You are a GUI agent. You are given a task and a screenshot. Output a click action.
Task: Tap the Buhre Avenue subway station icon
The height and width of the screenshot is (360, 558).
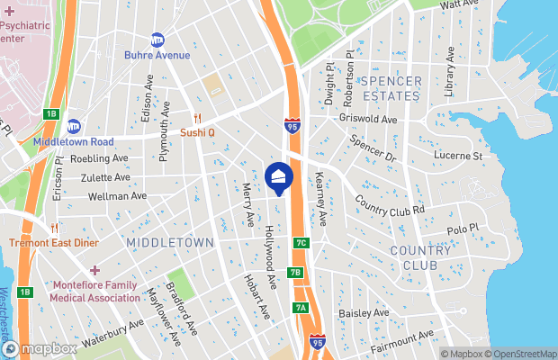[x=157, y=40]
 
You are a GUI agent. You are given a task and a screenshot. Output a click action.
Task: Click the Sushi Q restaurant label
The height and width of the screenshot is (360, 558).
[x=197, y=131]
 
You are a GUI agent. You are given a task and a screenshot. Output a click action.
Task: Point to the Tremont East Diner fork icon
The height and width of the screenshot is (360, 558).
[x=56, y=229]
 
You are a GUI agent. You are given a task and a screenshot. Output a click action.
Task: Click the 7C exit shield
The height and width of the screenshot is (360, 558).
[x=301, y=243]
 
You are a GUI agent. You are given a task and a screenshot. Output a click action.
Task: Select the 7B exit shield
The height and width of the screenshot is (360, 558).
[x=296, y=272]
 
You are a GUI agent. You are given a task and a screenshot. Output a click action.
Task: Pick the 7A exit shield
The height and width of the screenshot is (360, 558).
[x=301, y=308]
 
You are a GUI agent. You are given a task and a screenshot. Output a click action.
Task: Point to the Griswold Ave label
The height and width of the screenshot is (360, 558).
[x=368, y=119]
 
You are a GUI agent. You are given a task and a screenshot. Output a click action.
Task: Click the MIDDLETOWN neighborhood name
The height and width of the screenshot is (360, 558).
[x=170, y=243]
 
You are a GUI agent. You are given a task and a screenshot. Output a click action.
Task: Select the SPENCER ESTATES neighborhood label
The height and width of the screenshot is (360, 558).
[x=391, y=87]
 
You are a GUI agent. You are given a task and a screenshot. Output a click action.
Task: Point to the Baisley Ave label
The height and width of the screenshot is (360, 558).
[x=363, y=313]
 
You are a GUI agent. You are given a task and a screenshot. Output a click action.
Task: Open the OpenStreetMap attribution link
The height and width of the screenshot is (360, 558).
[x=521, y=354]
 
